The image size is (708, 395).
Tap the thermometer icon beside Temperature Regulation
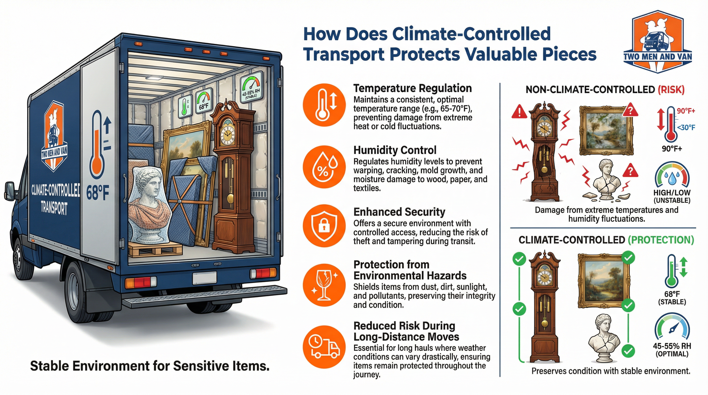click(324, 105)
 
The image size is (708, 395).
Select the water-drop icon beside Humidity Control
click(324, 167)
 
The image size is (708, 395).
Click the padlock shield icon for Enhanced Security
click(324, 226)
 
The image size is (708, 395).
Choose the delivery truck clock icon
click(324, 347)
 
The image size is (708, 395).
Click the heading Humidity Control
click(395, 150)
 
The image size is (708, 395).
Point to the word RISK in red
click(671, 90)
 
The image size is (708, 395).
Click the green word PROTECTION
click(661, 240)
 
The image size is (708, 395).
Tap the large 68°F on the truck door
click(97, 193)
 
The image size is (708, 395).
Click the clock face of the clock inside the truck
click(228, 135)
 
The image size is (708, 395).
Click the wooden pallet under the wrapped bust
click(155, 249)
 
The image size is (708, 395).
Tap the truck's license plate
click(205, 278)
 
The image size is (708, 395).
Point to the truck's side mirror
click(10, 192)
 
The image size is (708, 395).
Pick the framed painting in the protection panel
click(603, 280)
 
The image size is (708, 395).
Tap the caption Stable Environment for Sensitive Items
click(150, 366)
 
